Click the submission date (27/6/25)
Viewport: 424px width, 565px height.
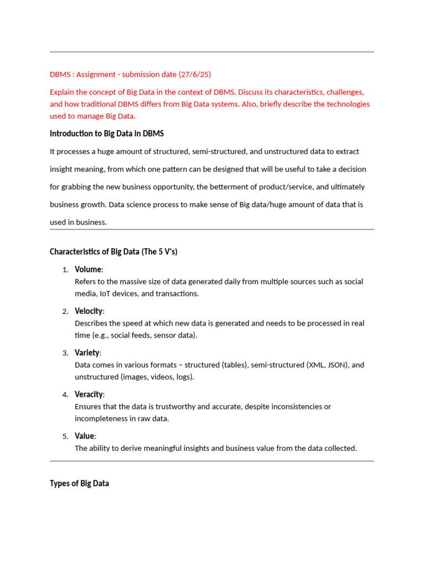(x=195, y=74)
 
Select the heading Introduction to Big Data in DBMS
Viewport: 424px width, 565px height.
(x=107, y=134)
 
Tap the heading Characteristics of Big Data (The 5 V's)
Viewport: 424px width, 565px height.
(x=113, y=252)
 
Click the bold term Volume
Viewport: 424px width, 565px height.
(x=88, y=269)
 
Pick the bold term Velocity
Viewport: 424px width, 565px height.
(x=89, y=311)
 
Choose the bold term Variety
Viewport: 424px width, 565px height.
(x=87, y=353)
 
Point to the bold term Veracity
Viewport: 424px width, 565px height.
(x=89, y=395)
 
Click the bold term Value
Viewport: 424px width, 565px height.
(x=85, y=436)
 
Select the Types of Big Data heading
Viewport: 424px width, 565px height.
(x=79, y=483)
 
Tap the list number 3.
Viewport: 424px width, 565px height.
(x=65, y=353)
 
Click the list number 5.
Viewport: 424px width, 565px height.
(x=65, y=436)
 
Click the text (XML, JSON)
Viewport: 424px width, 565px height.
(x=327, y=365)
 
